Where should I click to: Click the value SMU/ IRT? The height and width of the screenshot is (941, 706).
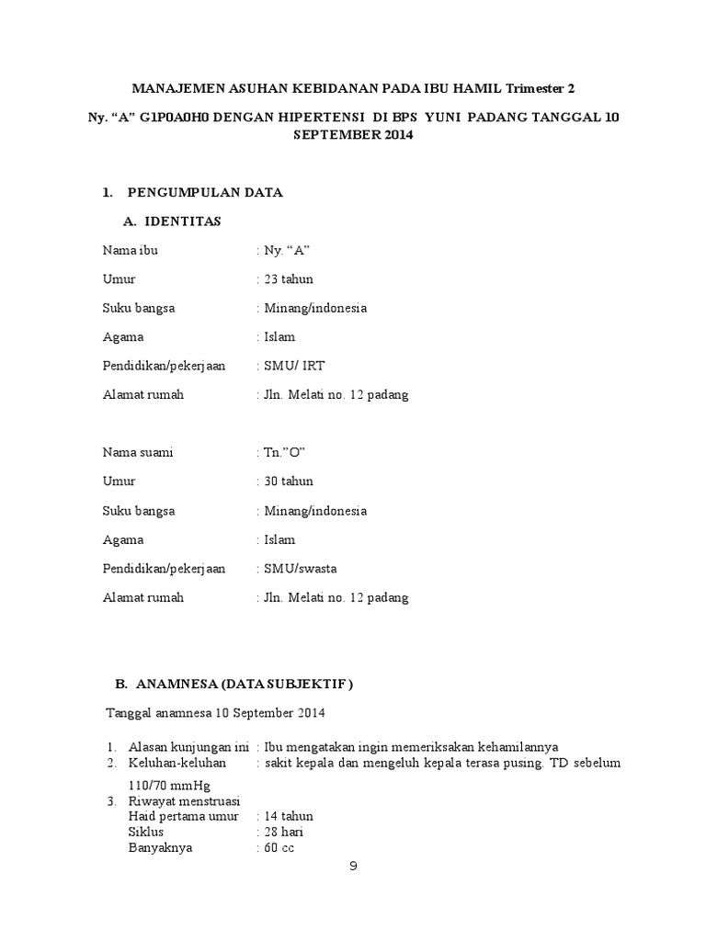pos(293,366)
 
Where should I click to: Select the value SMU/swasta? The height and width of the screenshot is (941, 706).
pos(301,568)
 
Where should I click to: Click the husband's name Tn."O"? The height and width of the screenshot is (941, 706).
pos(283,452)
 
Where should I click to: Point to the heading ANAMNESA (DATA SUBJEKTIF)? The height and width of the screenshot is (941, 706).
pos(245,684)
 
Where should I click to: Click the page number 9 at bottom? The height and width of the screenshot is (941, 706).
pos(352,866)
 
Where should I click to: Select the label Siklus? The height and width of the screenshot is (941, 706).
pos(146,833)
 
